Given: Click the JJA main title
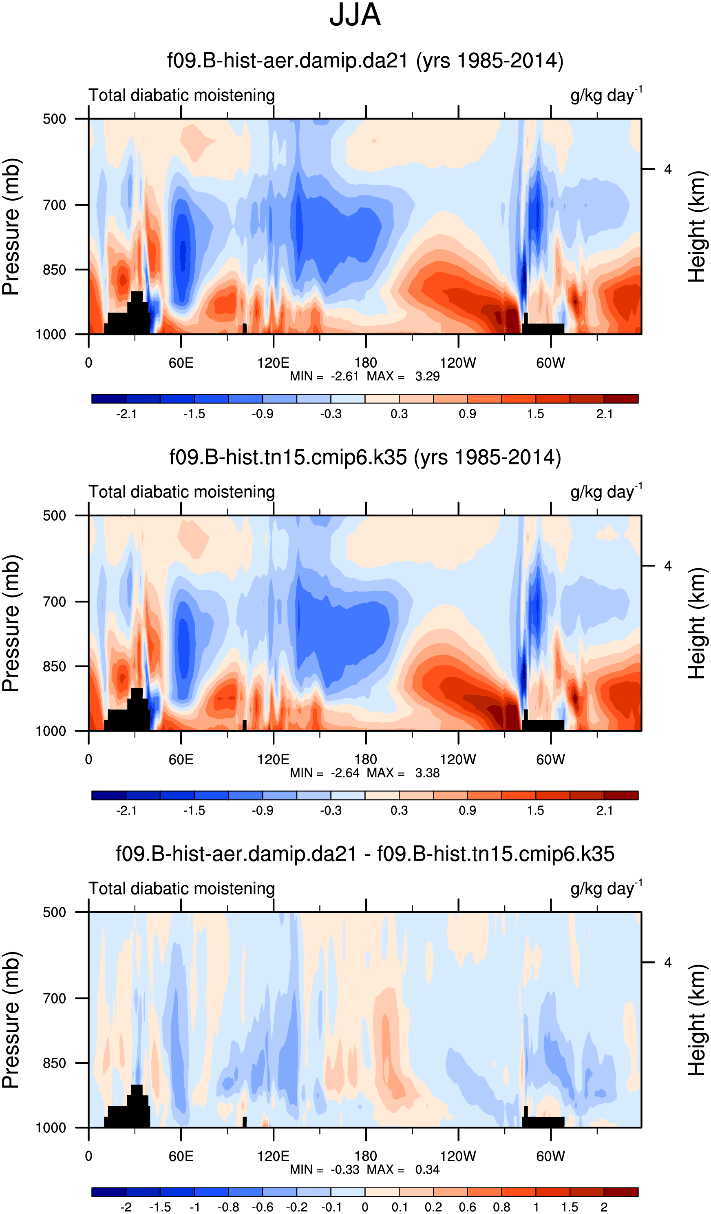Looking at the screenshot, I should pyautogui.click(x=355, y=16).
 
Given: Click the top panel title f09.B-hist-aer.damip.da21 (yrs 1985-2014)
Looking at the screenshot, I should pyautogui.click(x=365, y=61).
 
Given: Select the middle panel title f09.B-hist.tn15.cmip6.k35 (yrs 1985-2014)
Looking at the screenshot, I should pyautogui.click(x=365, y=457).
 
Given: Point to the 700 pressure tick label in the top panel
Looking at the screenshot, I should pyautogui.click(x=54, y=205).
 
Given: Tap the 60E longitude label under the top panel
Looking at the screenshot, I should pyautogui.click(x=181, y=363).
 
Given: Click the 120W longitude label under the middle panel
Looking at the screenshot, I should pyautogui.click(x=458, y=760).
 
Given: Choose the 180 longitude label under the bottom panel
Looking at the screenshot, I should pyautogui.click(x=365, y=1156).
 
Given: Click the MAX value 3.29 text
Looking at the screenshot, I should pyautogui.click(x=427, y=376).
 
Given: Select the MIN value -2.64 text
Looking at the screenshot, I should pyautogui.click(x=344, y=773).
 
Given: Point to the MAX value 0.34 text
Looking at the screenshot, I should pyautogui.click(x=427, y=1169).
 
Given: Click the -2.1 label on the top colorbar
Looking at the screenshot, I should pyautogui.click(x=126, y=414).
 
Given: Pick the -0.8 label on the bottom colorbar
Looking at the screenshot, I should pyautogui.click(x=228, y=1207).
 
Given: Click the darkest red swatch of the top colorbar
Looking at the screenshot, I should pyautogui.click(x=620, y=398).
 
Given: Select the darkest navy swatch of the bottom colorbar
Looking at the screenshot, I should pyautogui.click(x=109, y=1192).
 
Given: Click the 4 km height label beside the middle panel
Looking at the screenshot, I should pyautogui.click(x=667, y=566).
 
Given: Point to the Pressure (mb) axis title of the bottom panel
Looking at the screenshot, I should pyautogui.click(x=11, y=1020).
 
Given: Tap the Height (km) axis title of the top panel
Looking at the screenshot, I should pyautogui.click(x=696, y=226).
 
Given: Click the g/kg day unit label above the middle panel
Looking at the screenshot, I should pyautogui.click(x=605, y=492).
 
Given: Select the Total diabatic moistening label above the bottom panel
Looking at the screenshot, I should pyautogui.click(x=181, y=888).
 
